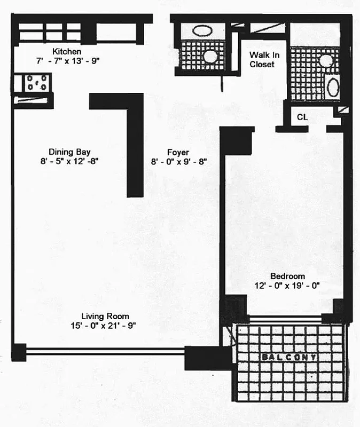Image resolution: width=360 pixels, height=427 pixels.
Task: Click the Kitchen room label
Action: click(67, 52)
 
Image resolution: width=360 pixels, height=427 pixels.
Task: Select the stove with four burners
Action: click(36, 83)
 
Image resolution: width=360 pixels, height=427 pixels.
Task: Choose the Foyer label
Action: click(178, 152)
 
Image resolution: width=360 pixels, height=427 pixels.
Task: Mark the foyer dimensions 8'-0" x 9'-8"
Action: click(178, 161)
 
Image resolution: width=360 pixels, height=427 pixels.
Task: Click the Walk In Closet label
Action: click(262, 59)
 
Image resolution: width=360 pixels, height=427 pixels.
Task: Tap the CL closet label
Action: click(302, 117)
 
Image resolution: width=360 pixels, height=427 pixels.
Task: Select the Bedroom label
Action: click(287, 276)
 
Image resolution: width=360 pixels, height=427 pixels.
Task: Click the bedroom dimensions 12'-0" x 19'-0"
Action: click(287, 285)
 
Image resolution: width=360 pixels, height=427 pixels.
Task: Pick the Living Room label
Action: click(105, 316)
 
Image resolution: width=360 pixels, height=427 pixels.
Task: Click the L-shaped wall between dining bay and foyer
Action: click(134, 144)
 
